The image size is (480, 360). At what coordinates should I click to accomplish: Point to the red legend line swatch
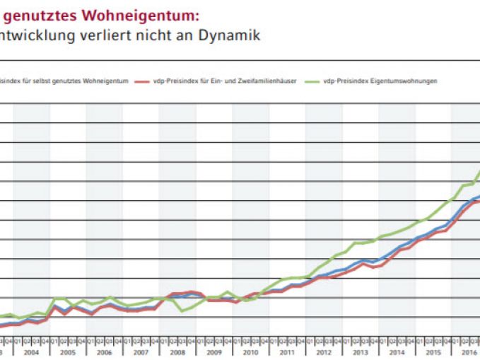coord(143,81)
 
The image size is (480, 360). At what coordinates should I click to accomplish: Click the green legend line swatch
coord(312,81)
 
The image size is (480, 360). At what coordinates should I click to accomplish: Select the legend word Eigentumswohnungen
coord(402,81)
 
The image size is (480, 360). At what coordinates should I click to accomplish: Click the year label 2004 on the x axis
coord(31,352)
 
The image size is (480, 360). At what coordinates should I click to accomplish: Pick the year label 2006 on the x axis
coord(104,352)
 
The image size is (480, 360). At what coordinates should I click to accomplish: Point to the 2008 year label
coord(177,352)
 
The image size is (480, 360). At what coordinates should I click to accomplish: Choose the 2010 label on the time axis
coord(250,352)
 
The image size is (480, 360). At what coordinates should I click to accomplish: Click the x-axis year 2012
coord(323,352)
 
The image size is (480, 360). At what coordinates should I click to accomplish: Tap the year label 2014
coord(397,352)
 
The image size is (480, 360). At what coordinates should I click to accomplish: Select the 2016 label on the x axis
coord(469,352)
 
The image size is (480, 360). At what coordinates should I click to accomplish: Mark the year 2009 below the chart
coord(213,352)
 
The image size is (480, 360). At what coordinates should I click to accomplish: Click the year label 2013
coord(360,352)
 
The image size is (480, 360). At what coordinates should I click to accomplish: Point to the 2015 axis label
coord(433,352)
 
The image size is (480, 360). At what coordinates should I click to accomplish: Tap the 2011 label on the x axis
coord(287,352)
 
